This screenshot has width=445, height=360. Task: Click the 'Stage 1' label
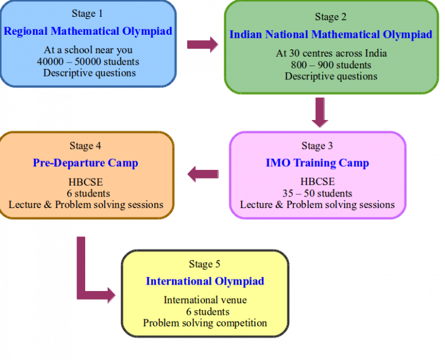[87, 13]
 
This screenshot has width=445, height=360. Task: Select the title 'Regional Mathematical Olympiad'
[88, 31]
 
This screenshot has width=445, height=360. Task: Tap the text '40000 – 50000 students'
[88, 61]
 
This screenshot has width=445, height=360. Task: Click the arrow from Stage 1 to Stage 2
[202, 45]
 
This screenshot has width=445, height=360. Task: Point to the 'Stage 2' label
[331, 17]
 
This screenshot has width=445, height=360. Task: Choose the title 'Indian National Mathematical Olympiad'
[331, 35]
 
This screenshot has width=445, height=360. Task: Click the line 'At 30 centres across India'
[331, 53]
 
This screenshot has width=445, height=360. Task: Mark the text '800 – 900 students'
[331, 65]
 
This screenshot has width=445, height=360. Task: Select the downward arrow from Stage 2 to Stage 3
[320, 112]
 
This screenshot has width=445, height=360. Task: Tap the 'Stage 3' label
[317, 146]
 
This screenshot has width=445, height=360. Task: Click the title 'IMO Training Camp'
[318, 163]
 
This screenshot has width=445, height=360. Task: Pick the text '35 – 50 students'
[318, 194]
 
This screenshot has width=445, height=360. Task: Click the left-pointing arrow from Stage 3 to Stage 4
[203, 174]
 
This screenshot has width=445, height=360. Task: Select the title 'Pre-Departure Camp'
[85, 163]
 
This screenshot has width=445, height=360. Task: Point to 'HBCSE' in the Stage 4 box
[85, 181]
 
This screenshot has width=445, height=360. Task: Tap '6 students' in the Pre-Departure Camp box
[88, 194]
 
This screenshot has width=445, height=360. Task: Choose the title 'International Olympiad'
[205, 281]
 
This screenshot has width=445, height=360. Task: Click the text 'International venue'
[205, 300]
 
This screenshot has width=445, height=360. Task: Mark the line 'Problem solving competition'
[205, 323]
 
